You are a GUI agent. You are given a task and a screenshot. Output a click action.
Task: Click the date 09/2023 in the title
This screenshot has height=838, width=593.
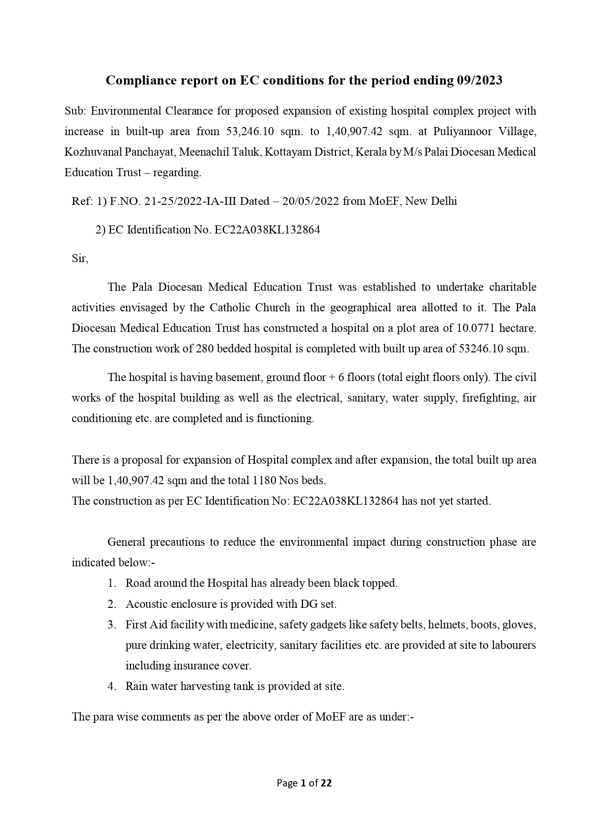coord(479,81)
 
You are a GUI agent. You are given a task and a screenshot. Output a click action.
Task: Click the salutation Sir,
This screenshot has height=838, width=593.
coord(80,258)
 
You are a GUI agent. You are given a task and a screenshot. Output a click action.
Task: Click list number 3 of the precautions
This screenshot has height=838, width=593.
coord(112,625)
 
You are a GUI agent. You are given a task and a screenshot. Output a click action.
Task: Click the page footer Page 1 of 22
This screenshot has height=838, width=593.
coord(304,783)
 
